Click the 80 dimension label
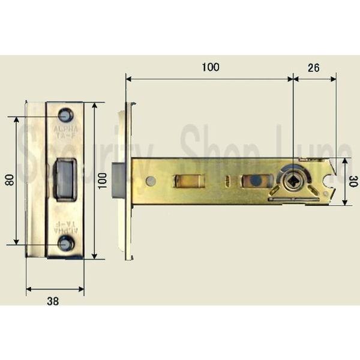click(x=9, y=181)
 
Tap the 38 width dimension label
click(x=53, y=302)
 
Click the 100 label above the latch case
click(x=210, y=67)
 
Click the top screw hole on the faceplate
click(x=65, y=115)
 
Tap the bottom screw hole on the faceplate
click(x=65, y=244)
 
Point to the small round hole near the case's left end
click(x=151, y=181)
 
